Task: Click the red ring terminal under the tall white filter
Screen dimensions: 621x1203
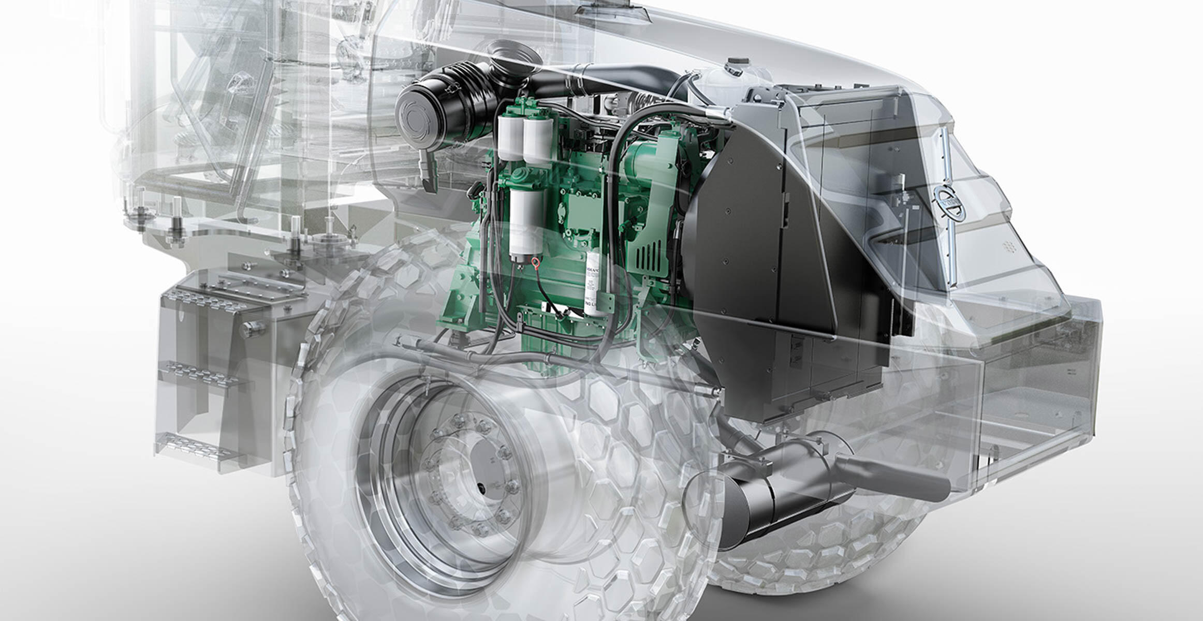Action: click(x=532, y=264)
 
